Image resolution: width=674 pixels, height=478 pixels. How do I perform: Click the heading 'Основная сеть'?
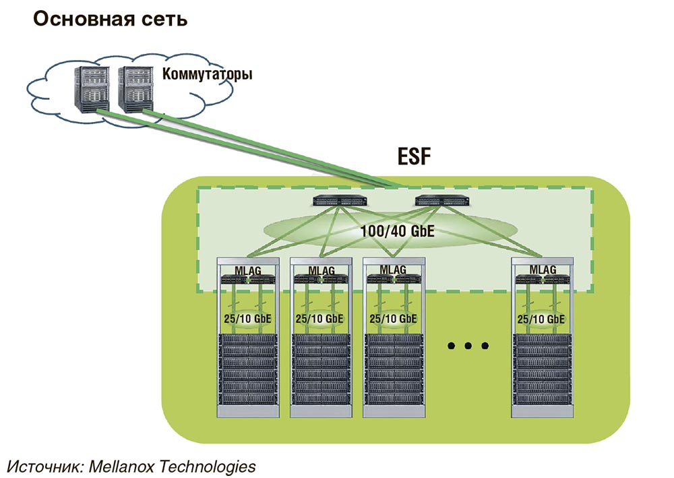tap(110, 20)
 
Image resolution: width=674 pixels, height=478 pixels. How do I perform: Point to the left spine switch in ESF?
tap(337, 200)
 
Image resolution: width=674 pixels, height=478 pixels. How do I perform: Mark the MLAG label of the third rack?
tap(393, 270)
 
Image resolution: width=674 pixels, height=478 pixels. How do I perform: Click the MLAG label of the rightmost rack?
tap(543, 270)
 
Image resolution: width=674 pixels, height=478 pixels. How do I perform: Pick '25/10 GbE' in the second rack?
tap(320, 318)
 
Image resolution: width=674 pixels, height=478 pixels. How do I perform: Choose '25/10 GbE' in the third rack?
tap(393, 318)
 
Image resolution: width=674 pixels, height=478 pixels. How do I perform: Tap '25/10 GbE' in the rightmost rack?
tap(543, 318)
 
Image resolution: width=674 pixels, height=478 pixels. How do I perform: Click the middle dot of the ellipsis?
tap(467, 347)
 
